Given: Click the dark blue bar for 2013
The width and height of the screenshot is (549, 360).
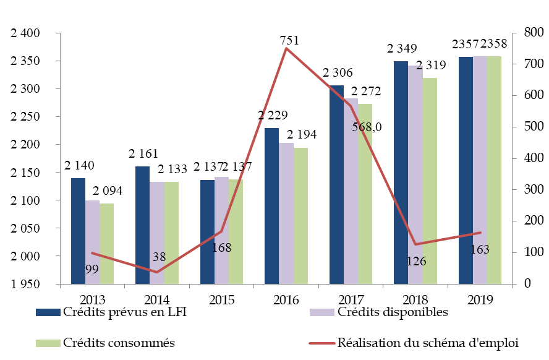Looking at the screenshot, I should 78,231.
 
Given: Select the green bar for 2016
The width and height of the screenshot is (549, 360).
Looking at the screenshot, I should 300,216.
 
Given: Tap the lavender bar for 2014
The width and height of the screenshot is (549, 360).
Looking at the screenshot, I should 156,233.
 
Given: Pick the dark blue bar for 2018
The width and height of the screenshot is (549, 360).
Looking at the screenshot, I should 401,173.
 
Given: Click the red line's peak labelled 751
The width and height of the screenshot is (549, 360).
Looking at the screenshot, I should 286,48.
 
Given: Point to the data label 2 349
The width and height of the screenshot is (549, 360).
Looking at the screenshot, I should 402,48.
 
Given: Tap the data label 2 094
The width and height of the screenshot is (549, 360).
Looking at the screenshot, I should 107,191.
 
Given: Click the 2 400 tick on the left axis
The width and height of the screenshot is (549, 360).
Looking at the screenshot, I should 25,33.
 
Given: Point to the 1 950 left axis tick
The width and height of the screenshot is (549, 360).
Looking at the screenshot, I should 25,285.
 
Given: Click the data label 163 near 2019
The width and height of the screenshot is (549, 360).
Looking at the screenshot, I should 479,250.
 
